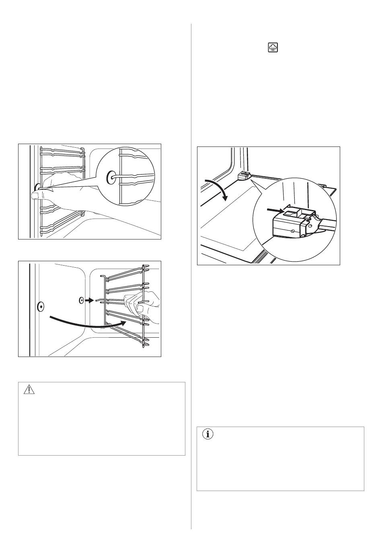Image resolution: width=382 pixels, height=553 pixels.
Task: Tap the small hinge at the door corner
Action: pyautogui.click(x=242, y=175)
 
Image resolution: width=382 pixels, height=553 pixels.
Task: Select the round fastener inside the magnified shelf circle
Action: pyautogui.click(x=111, y=176)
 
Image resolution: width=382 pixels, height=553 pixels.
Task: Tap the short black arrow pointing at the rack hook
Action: pyautogui.click(x=89, y=300)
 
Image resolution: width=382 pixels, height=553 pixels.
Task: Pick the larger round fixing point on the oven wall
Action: pyautogui.click(x=40, y=307)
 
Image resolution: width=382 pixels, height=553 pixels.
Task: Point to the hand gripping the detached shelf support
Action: pyautogui.click(x=143, y=304)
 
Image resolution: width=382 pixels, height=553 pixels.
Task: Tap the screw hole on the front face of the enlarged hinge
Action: pyautogui.click(x=293, y=231)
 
